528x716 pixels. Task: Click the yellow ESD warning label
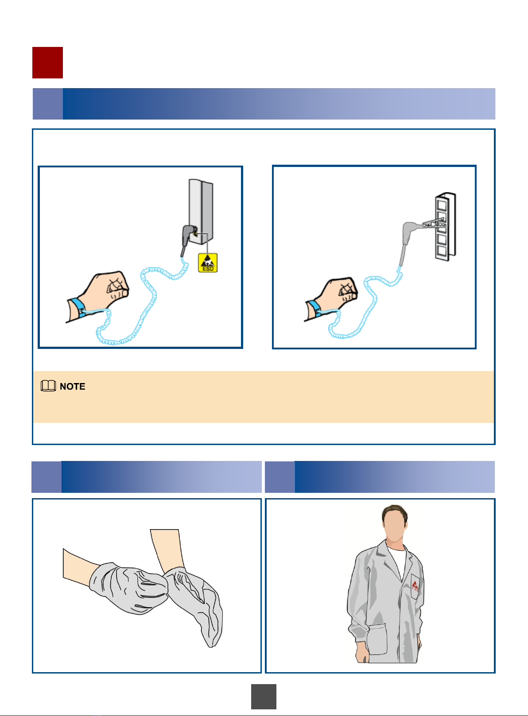(x=208, y=263)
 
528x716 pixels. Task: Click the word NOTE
(x=72, y=387)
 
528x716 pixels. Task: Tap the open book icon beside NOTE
(x=48, y=386)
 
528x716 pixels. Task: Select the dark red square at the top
(x=48, y=62)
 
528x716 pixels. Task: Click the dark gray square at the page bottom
(x=264, y=697)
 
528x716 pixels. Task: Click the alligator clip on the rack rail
(x=433, y=222)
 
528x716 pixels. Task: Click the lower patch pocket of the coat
(x=377, y=639)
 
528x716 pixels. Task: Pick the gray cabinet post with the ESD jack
(x=201, y=211)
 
